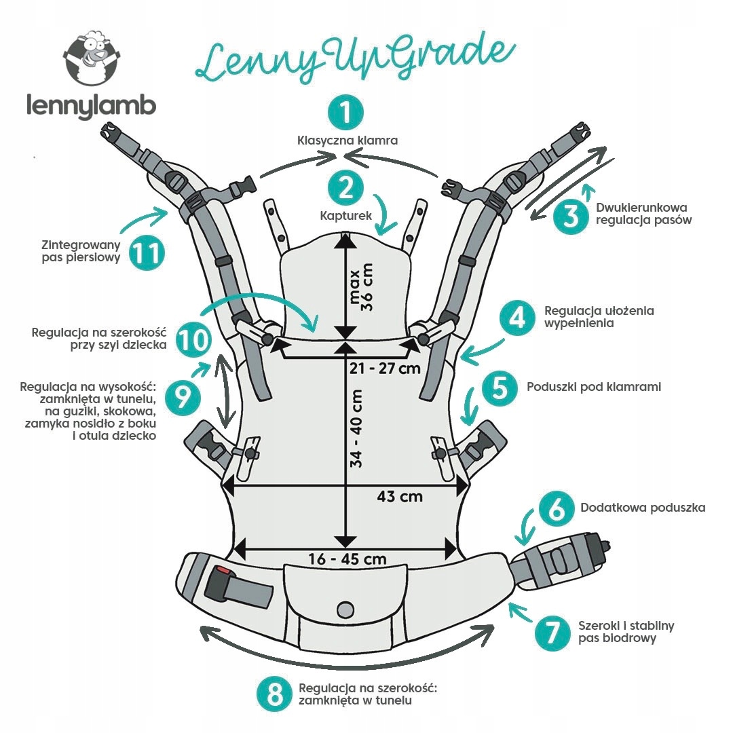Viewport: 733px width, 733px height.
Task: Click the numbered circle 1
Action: coord(346,113)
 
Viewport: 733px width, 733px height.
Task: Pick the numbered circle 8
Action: coord(274,694)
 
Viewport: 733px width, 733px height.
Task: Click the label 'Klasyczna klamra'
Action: coord(347,140)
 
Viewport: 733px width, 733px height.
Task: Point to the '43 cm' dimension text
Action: coord(400,496)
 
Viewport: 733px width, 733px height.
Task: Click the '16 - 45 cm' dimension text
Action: coord(347,559)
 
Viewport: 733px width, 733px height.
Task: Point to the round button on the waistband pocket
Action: coord(346,606)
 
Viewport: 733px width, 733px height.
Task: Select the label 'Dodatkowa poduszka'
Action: coord(643,508)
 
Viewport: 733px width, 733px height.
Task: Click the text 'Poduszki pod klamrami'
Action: coord(594,387)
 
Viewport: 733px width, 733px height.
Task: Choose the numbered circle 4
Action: coord(518,318)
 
